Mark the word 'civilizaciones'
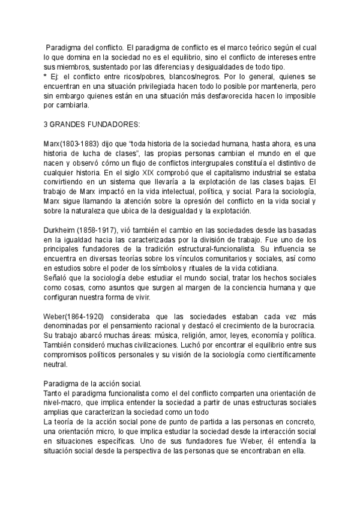pyautogui.click(x=136, y=345)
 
